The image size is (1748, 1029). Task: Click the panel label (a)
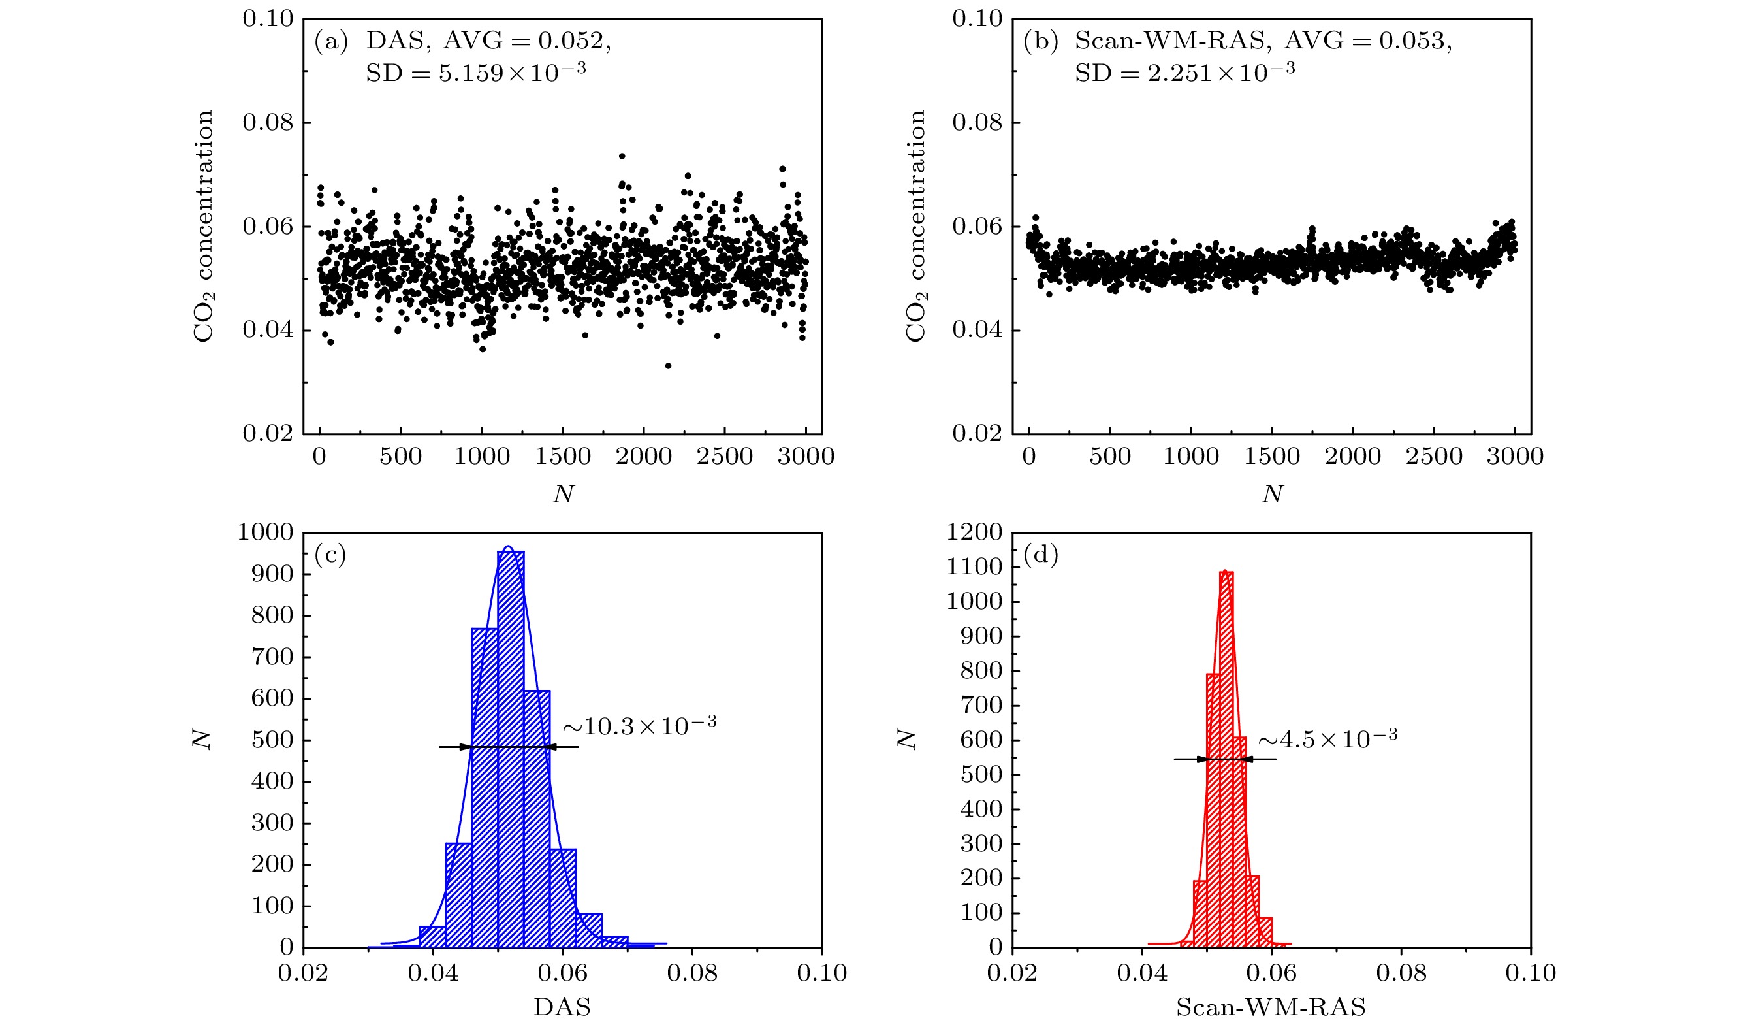pyautogui.click(x=331, y=42)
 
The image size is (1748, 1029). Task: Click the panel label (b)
pyautogui.click(x=1040, y=42)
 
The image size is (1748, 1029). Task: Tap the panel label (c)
pyautogui.click(x=330, y=555)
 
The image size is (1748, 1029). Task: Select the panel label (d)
pyautogui.click(x=1040, y=555)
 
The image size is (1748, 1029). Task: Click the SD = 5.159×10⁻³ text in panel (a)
pyautogui.click(x=476, y=72)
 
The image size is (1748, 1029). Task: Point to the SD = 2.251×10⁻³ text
pyautogui.click(x=1184, y=72)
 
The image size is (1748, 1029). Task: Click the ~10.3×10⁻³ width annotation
pyautogui.click(x=639, y=726)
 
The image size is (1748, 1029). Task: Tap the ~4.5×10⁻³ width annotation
pyautogui.click(x=1327, y=739)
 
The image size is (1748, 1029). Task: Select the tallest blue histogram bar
pyautogui.click(x=511, y=749)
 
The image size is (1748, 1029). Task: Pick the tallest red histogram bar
pyautogui.click(x=1226, y=760)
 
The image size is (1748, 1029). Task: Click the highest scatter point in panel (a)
pyautogui.click(x=622, y=156)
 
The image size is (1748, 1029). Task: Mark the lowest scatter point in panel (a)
pyautogui.click(x=668, y=366)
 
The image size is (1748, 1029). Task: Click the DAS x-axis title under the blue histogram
pyautogui.click(x=562, y=1007)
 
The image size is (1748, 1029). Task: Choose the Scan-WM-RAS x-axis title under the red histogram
pyautogui.click(x=1271, y=1007)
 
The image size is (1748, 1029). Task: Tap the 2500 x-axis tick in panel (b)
pyautogui.click(x=1434, y=457)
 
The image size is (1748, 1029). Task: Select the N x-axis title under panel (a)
pyautogui.click(x=564, y=494)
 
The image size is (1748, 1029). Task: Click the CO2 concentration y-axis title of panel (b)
pyautogui.click(x=915, y=225)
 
